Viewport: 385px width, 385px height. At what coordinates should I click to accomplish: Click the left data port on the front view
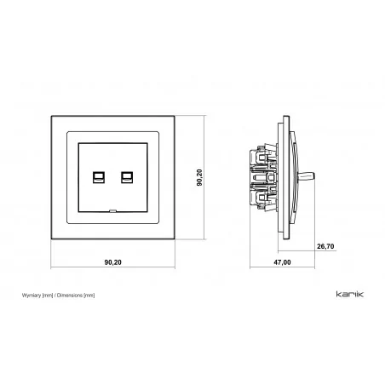click(99, 177)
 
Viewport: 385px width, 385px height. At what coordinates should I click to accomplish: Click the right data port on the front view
click(127, 177)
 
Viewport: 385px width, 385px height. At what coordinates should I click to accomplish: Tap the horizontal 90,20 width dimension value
click(113, 262)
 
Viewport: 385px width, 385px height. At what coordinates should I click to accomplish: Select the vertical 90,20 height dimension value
click(199, 177)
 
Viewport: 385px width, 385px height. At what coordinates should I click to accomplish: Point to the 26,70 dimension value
click(325, 246)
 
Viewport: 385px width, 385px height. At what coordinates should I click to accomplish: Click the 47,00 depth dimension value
click(282, 262)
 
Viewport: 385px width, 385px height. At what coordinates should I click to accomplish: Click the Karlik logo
click(350, 294)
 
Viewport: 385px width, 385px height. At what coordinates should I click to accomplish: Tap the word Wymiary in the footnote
click(32, 296)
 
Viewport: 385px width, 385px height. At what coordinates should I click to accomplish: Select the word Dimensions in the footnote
click(70, 296)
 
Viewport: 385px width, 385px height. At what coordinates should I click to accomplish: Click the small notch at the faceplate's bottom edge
click(112, 210)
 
